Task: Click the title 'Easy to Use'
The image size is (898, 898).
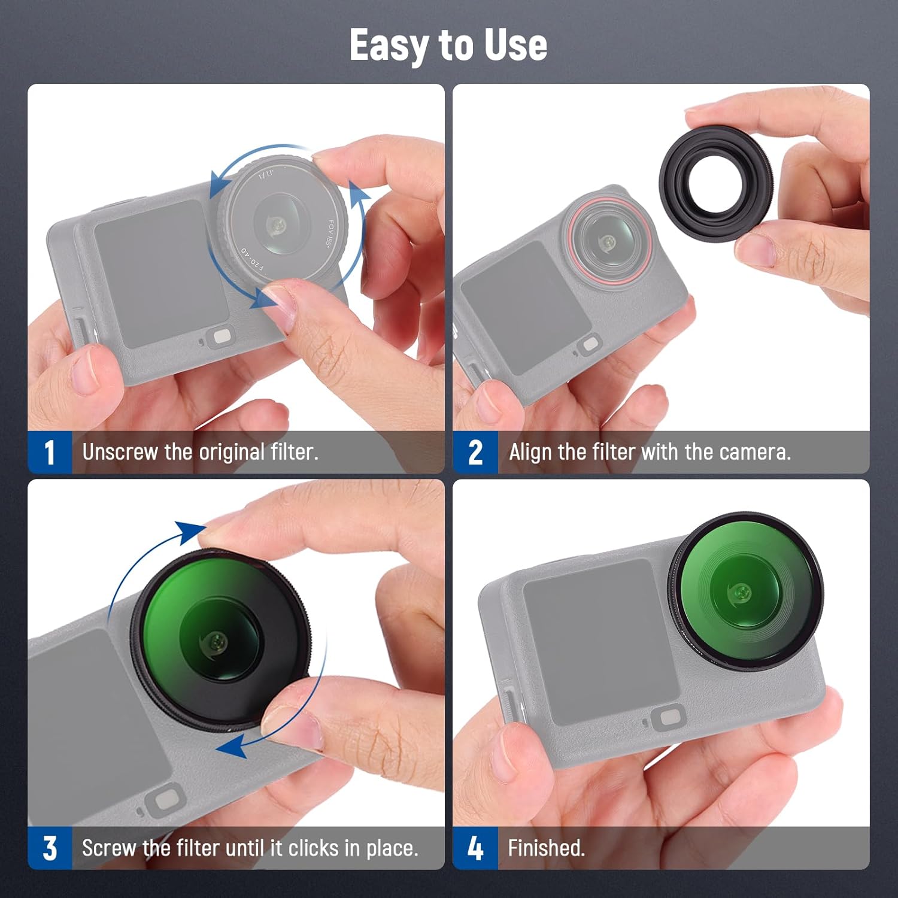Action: [x=448, y=45]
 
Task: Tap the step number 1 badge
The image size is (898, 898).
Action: [x=50, y=452]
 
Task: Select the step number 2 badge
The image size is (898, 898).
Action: [x=475, y=452]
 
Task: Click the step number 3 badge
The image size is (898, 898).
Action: [x=50, y=848]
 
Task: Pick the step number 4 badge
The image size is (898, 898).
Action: [x=475, y=848]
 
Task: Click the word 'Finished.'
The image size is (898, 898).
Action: [x=546, y=848]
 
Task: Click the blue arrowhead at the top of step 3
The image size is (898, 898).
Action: [x=190, y=531]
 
